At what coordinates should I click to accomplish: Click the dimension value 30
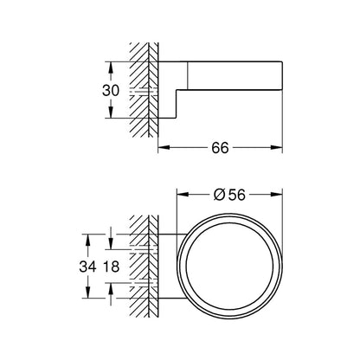pos(111,91)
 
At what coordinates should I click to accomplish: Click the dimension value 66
pos(220,148)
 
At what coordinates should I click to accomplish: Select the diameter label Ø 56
pos(229,195)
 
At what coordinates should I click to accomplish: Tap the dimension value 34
pos(87,267)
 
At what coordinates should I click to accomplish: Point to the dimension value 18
pos(111,267)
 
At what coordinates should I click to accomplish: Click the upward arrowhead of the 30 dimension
pos(111,67)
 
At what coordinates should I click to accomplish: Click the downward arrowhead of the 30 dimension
pos(111,112)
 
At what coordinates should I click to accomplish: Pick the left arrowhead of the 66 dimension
pos(164,147)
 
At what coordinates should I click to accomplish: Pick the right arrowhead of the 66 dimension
pos(277,147)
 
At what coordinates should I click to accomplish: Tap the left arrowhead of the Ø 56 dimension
pos(183,195)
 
